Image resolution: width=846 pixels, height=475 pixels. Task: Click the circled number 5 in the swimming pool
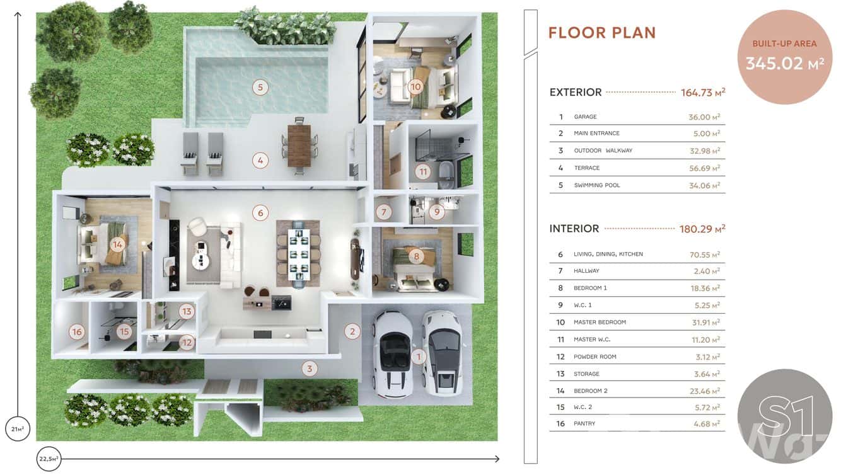click(260, 87)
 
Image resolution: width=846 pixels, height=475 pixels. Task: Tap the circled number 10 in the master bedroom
click(415, 87)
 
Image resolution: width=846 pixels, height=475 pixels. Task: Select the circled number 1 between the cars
click(419, 357)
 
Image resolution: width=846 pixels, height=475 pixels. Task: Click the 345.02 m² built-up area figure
click(784, 63)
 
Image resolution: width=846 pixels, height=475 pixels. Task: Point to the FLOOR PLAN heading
click(602, 33)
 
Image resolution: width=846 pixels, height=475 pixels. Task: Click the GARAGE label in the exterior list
click(585, 117)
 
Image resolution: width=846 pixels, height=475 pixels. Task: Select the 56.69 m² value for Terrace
click(704, 168)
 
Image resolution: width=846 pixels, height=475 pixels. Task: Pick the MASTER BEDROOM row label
click(600, 323)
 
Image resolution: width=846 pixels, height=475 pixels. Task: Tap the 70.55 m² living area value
click(705, 255)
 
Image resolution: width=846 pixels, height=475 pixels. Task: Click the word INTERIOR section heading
click(574, 229)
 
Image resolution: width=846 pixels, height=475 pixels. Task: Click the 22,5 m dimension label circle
click(48, 459)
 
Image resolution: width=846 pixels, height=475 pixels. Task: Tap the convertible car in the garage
click(393, 353)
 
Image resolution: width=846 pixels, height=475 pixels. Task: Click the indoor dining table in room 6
click(298, 253)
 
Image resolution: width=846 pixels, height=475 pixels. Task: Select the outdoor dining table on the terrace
click(299, 146)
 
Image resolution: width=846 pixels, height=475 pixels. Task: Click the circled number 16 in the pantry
click(77, 332)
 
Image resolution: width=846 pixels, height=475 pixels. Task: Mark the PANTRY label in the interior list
click(584, 424)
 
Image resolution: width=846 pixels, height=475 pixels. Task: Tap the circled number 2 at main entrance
click(352, 331)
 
